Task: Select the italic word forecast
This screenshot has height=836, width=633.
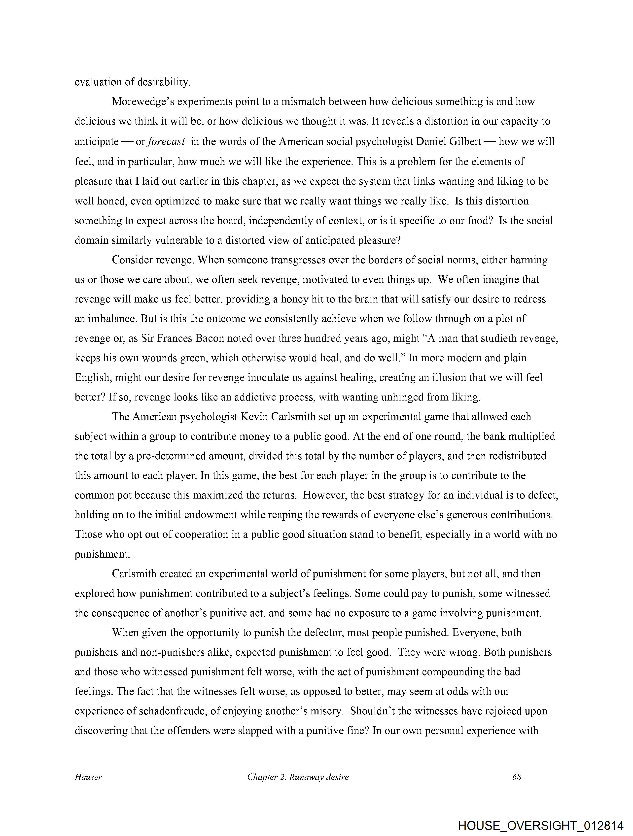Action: tap(166, 142)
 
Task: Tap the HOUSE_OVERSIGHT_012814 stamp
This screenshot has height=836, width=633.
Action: tap(540, 825)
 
